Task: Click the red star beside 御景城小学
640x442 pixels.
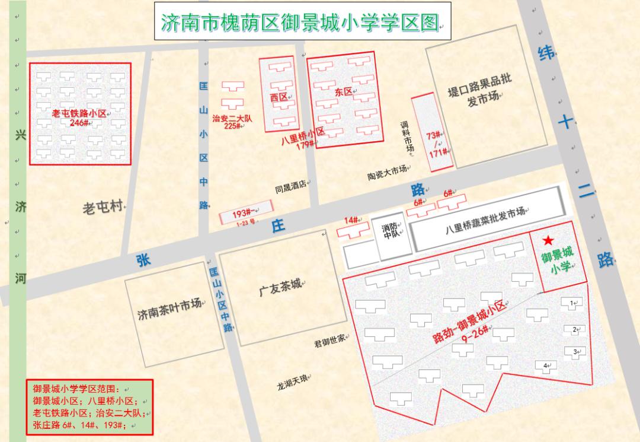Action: [548, 240]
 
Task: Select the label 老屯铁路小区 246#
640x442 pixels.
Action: [79, 117]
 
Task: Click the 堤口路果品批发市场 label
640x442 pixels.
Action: [479, 91]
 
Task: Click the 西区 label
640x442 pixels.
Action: [279, 97]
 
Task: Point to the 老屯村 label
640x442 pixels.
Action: [103, 207]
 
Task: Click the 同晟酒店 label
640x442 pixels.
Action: [290, 185]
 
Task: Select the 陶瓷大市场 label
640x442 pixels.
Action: [387, 173]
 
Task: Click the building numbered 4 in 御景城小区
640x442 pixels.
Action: [546, 366]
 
